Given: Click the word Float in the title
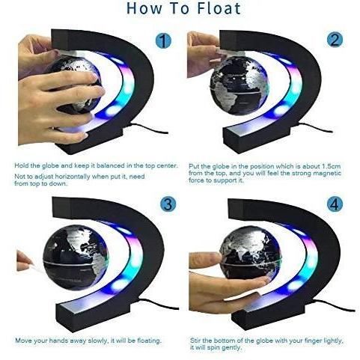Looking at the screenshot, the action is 219,8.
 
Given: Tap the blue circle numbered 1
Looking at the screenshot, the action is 163,40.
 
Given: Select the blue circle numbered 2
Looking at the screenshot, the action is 335,40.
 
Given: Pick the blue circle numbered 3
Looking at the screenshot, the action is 168,204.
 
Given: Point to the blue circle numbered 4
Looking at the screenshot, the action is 335,204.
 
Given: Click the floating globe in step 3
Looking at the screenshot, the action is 76,257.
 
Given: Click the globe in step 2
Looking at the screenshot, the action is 240,85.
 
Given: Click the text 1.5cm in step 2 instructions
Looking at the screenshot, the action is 331,166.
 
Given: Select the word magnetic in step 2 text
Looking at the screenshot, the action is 327,173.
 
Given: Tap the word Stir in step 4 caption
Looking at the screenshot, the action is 195,341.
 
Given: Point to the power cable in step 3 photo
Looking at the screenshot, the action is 159,304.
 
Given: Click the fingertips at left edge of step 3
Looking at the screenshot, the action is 24,261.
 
